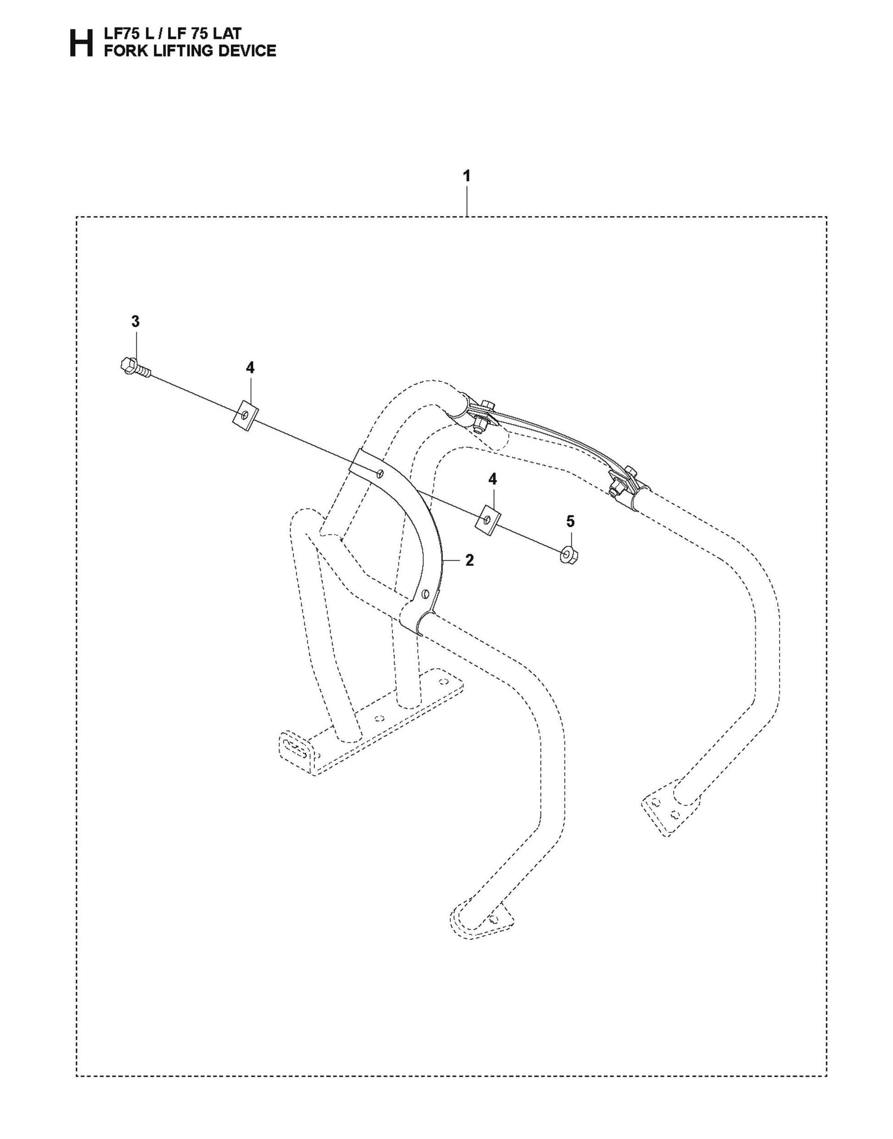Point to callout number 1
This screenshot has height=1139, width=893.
tap(466, 176)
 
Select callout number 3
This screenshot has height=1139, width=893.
tap(135, 322)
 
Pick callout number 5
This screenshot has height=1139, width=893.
tap(570, 521)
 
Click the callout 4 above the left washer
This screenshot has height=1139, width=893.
tap(250, 368)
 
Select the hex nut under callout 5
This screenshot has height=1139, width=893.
tap(569, 554)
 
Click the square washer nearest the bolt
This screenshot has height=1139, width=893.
tap(245, 416)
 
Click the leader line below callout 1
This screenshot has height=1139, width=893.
tap(466, 201)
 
